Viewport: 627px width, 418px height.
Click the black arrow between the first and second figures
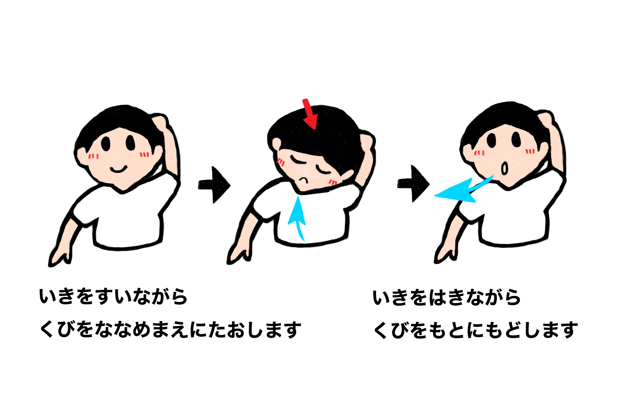coord(214,185)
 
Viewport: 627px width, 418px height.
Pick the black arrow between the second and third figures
coord(413,184)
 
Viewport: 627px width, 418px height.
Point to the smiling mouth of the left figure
coord(119,169)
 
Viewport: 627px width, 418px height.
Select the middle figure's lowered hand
coord(239,254)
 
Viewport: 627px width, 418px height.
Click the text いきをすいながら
coord(113,296)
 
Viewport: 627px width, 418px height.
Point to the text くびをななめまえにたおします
coord(170,330)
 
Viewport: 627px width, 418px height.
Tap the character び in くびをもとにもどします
coord(400,330)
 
